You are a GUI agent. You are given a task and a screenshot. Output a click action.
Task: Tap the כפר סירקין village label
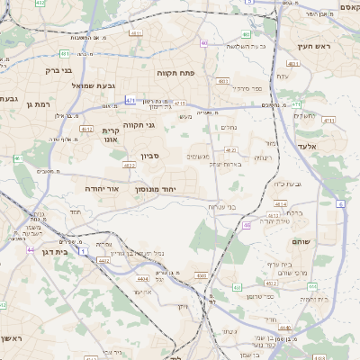245,88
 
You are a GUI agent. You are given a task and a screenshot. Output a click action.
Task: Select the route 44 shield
30,249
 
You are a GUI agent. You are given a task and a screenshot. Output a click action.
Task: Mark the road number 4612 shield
86,129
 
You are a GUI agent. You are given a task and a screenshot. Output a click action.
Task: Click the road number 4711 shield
328,120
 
